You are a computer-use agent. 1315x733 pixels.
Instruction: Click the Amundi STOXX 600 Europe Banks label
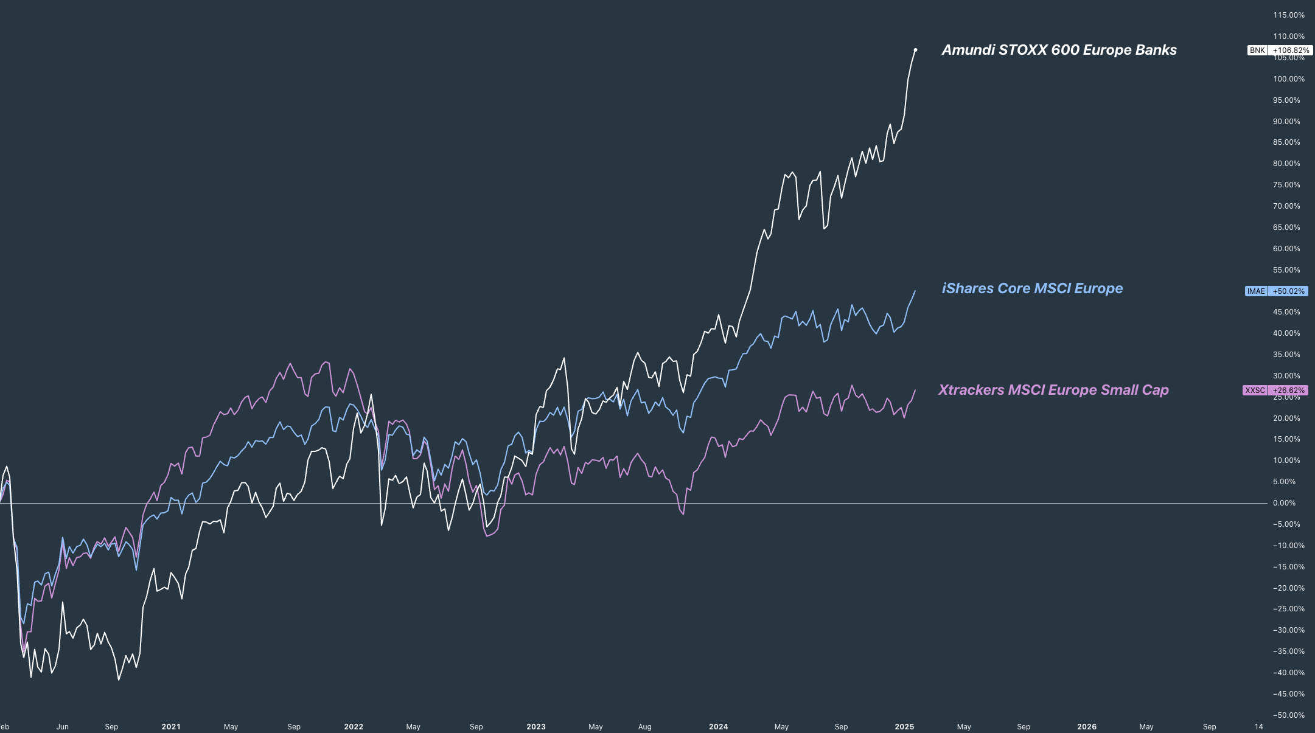(1059, 50)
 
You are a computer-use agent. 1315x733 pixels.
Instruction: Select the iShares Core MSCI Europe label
(1032, 288)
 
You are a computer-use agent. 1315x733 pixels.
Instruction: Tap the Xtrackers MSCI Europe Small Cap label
(1053, 390)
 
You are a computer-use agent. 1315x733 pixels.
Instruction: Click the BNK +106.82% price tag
(1279, 50)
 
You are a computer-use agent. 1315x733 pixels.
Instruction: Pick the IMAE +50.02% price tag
(1276, 291)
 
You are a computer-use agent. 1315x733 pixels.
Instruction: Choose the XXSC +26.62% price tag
(1275, 391)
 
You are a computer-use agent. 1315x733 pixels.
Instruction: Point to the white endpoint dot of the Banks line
(915, 50)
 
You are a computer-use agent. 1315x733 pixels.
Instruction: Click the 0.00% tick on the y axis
(1284, 503)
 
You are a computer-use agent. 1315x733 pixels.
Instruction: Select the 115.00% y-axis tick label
(1289, 15)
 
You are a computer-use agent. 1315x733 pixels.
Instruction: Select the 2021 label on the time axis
(171, 727)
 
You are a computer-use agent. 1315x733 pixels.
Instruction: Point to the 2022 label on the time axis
(354, 727)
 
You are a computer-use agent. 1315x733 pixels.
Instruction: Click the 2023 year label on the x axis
(536, 727)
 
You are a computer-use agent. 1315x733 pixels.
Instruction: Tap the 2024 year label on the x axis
(719, 727)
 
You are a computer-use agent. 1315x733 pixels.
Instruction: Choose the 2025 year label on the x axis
(905, 727)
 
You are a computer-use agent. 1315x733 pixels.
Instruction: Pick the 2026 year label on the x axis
(1087, 727)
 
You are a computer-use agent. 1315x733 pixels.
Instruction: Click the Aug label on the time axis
(644, 727)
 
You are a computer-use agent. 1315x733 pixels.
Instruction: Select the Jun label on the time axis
(62, 727)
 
